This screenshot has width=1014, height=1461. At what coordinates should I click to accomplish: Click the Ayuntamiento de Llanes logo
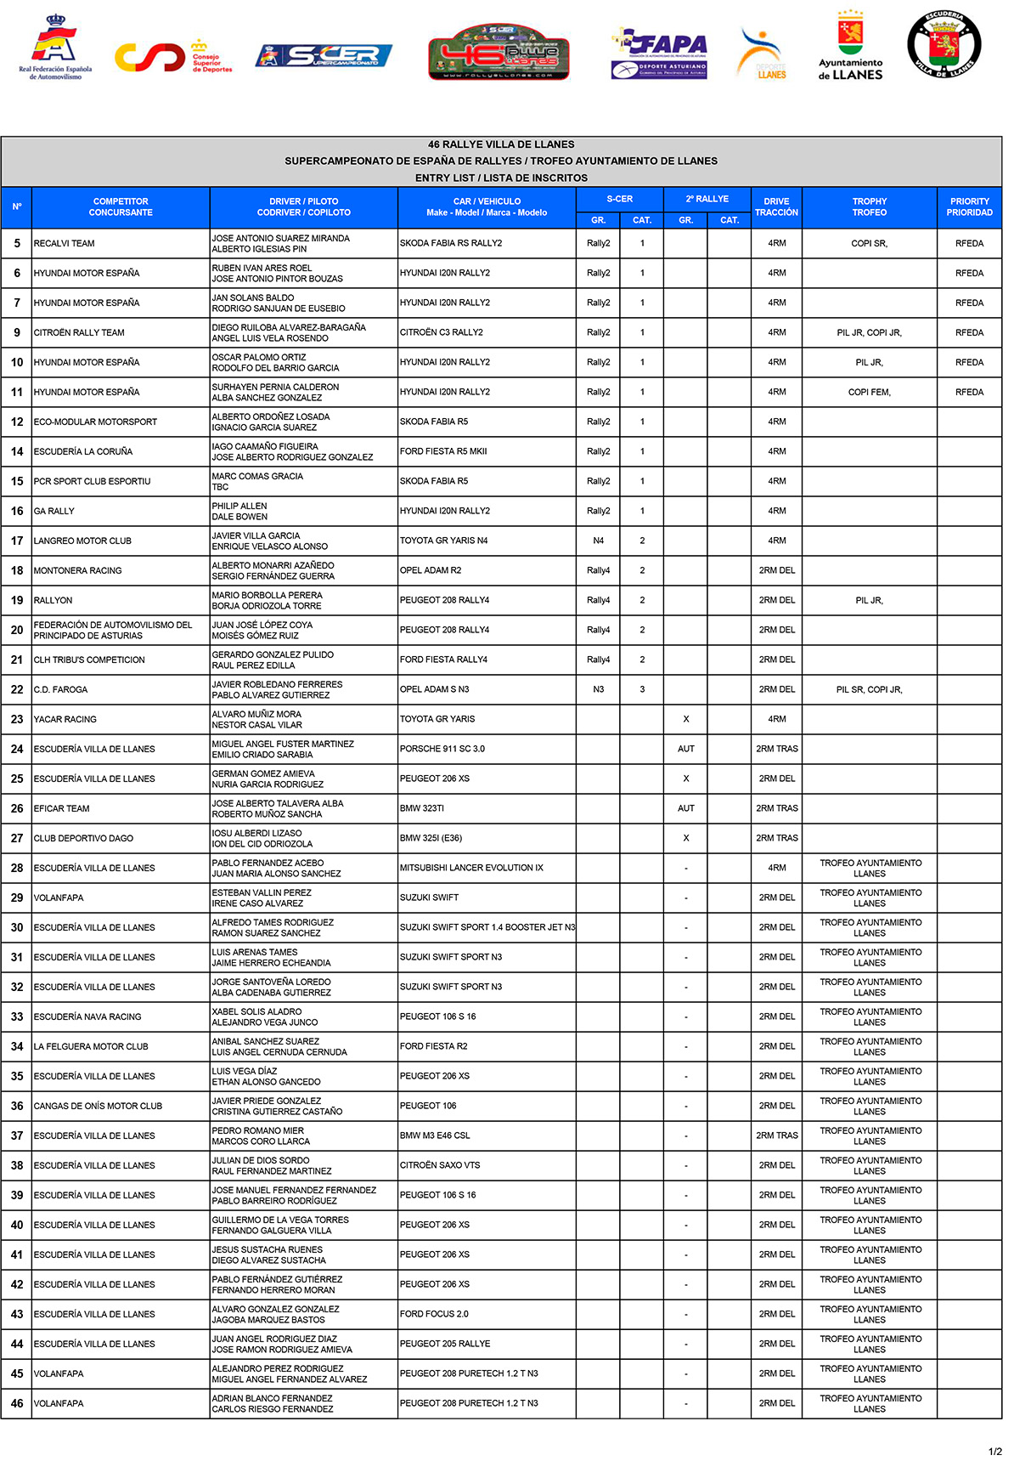pos(850,47)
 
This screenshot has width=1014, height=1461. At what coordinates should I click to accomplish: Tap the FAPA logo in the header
pos(659,53)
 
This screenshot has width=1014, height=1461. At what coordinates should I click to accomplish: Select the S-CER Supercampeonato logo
pos(324,56)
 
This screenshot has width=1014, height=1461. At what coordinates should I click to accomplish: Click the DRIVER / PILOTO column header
pos(303,207)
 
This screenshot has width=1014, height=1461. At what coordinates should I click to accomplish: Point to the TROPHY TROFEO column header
pos(869,207)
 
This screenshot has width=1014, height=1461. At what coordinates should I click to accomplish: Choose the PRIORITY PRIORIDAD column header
pos(969,207)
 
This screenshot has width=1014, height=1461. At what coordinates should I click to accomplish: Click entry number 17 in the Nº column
pos(17,541)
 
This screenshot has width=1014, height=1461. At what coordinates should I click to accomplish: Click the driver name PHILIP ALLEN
pos(239,506)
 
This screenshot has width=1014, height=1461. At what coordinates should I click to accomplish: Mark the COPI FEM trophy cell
pos(869,392)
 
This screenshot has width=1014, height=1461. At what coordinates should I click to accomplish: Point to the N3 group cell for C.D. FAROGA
pos(598,689)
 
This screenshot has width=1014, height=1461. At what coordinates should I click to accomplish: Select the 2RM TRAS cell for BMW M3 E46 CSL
pos(776,1135)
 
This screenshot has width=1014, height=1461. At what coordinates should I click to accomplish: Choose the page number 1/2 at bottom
pos(994,1451)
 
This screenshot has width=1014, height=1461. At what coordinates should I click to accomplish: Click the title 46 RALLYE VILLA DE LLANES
pos(501,144)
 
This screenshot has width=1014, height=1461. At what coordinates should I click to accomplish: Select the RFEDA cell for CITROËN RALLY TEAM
pos(969,332)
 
